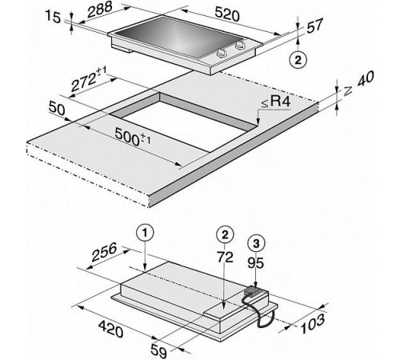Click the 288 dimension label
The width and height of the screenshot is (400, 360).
[99, 10]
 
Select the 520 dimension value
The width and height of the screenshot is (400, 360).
[227, 14]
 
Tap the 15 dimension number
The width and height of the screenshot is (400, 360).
[54, 18]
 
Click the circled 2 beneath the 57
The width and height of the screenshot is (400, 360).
[298, 59]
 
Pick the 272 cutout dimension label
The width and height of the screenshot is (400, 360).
[89, 78]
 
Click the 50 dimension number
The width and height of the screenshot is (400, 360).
[57, 109]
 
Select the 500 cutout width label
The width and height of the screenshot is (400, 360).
[133, 137]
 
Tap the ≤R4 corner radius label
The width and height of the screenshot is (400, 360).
[276, 102]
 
